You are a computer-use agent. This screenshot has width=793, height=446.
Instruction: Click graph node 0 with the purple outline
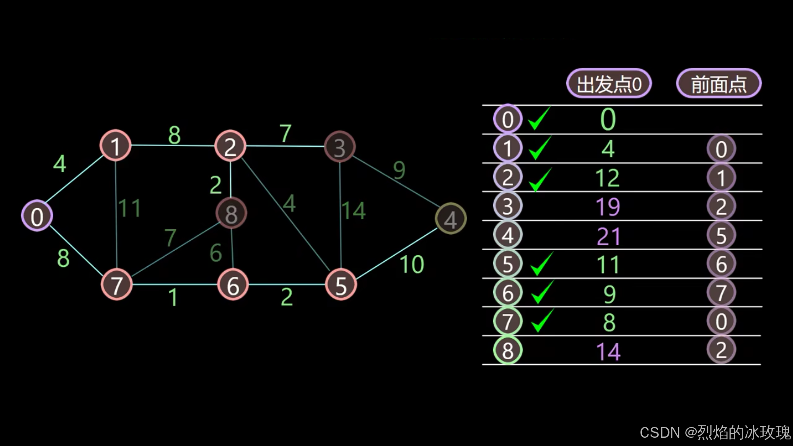pos(37,216)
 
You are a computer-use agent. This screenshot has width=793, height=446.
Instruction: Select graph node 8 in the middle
pos(231,213)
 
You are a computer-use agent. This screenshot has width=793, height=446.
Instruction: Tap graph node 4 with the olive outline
pos(451,218)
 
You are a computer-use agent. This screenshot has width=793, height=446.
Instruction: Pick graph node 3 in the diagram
pos(340,147)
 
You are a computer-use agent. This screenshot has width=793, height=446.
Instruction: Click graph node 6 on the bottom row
pos(233,285)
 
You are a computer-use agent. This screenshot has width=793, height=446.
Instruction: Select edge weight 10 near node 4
pos(412,264)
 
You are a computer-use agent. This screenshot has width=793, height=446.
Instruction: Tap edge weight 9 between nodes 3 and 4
pos(399,169)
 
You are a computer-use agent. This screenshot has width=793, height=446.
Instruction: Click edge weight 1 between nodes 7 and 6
pos(173,297)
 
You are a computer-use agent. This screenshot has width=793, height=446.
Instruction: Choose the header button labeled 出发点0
pos(608,84)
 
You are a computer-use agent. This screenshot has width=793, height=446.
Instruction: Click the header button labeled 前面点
pos(719,84)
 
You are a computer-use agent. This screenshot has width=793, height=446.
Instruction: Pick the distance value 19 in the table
pos(608,206)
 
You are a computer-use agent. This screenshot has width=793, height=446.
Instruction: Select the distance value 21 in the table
pos(608,236)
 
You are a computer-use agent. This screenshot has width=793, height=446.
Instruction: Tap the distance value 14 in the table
pos(608,351)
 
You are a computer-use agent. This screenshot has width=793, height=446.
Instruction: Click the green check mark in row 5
pos(541,264)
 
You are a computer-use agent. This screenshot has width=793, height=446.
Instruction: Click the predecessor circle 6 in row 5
pos(721,264)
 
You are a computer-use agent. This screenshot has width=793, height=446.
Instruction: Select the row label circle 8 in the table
pos(508,351)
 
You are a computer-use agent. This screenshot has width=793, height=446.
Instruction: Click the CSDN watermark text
pos(715,432)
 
